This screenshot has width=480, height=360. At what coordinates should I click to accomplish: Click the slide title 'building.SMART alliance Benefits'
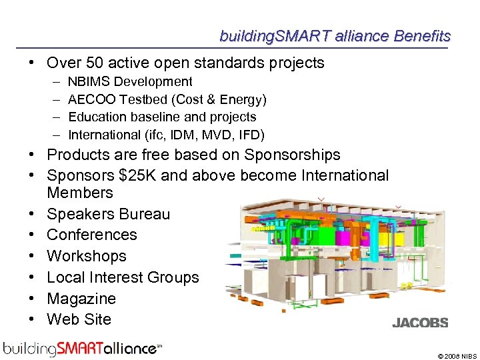click(x=335, y=36)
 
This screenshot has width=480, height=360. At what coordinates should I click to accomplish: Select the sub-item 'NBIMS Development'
click(x=130, y=82)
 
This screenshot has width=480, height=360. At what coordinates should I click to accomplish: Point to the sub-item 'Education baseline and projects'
click(x=162, y=117)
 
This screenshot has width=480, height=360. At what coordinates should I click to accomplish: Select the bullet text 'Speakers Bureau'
click(x=108, y=214)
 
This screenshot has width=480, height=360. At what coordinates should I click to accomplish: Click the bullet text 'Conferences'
click(x=91, y=235)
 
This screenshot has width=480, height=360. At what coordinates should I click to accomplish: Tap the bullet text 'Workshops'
click(x=86, y=257)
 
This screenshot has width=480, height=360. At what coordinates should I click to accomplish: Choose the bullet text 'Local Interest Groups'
click(x=123, y=278)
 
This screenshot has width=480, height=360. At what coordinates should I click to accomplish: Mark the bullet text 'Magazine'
click(x=81, y=299)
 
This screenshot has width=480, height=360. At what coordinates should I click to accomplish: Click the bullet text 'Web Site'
click(x=79, y=320)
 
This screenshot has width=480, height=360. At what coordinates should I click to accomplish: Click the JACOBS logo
click(x=420, y=323)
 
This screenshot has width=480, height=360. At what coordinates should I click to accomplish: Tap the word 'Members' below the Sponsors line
click(x=80, y=193)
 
